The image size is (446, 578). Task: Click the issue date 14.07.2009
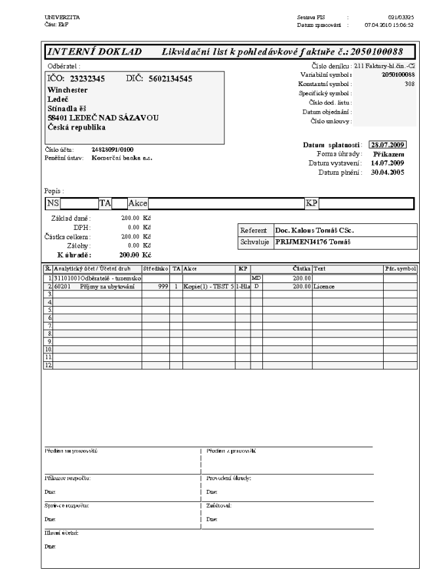pyautogui.click(x=387, y=163)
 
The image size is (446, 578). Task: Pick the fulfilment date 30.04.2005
pyautogui.click(x=387, y=172)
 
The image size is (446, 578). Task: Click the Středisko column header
pyautogui.click(x=155, y=269)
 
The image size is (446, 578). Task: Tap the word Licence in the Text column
pyautogui.click(x=325, y=287)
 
